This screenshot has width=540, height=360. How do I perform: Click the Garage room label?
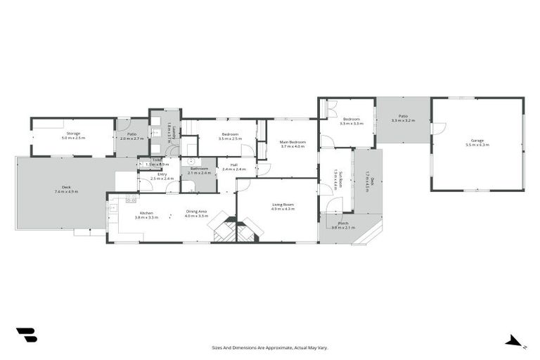[x=477, y=140]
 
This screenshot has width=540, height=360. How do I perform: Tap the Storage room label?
[x=73, y=133]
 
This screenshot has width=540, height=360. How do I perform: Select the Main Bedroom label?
[x=292, y=142]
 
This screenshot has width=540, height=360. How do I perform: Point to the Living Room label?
[x=283, y=205]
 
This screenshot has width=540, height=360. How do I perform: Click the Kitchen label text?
[x=146, y=212]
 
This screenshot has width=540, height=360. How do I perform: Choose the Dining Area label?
[x=196, y=212]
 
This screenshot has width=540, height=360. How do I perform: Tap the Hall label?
[x=233, y=165]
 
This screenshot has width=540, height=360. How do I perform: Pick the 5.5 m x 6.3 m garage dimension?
[x=477, y=145]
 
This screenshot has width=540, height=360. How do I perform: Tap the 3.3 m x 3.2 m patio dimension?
[x=403, y=121]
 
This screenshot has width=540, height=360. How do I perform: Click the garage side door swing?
[x=438, y=129]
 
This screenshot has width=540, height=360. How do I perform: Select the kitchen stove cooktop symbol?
[x=131, y=199]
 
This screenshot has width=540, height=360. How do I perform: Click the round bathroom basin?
[x=189, y=161]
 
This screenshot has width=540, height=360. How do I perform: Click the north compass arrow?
[x=515, y=342]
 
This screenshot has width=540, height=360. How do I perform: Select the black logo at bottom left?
[x=26, y=335]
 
